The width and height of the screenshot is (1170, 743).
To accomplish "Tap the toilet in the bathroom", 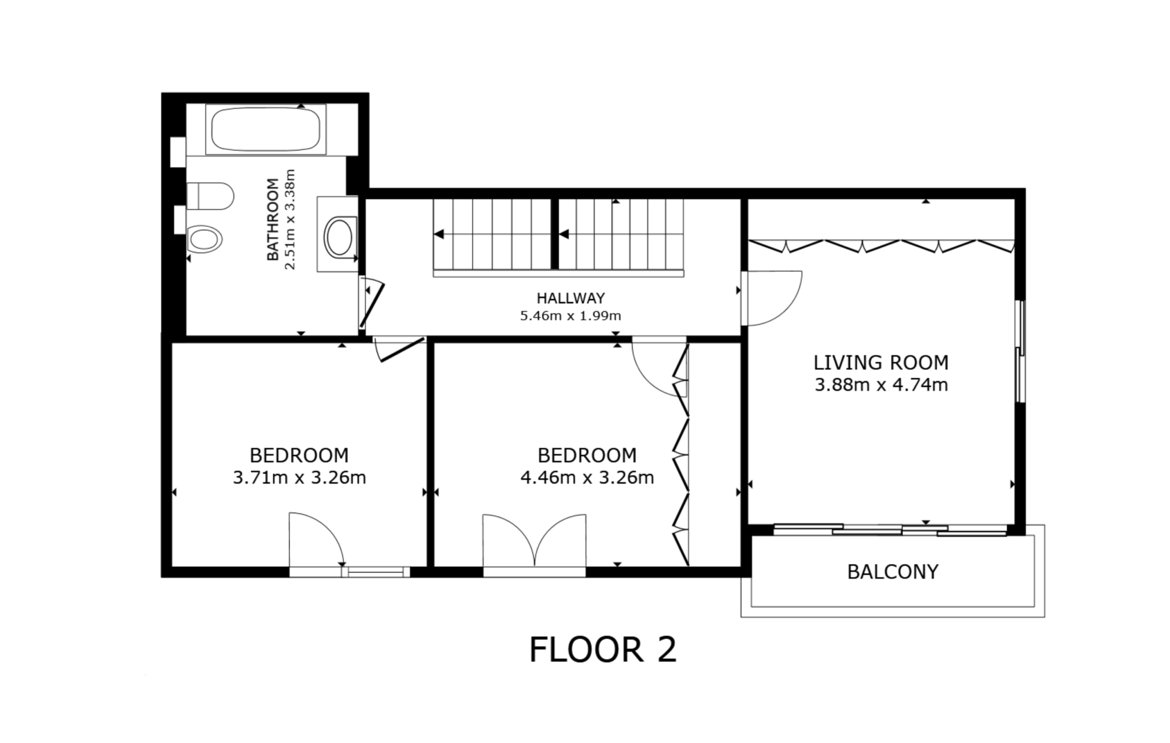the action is tap(210, 196).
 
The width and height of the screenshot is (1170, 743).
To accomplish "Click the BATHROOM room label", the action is tap(273, 219).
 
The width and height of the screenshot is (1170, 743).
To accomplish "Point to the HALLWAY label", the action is tap(570, 297).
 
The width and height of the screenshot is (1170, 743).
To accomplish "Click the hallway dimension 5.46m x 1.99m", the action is tap(570, 316).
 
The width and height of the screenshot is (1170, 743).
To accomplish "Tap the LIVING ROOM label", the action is tap(881, 362).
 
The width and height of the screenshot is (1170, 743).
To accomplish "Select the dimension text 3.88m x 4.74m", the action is tap(881, 385).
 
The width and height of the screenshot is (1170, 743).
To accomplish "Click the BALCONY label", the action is tap(893, 572).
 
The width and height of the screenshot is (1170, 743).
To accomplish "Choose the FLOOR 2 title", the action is tap(602, 650).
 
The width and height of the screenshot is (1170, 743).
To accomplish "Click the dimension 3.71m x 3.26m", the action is tap(299, 478).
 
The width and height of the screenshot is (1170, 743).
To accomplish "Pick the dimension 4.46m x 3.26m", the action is tap(587, 478).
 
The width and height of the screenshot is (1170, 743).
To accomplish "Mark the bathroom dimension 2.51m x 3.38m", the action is tap(290, 219).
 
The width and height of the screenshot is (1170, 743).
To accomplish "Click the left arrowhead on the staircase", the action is tap(439, 234).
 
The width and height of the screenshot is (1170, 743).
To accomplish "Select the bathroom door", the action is tap(372, 305).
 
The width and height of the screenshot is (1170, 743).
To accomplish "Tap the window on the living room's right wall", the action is tap(1021, 351).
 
